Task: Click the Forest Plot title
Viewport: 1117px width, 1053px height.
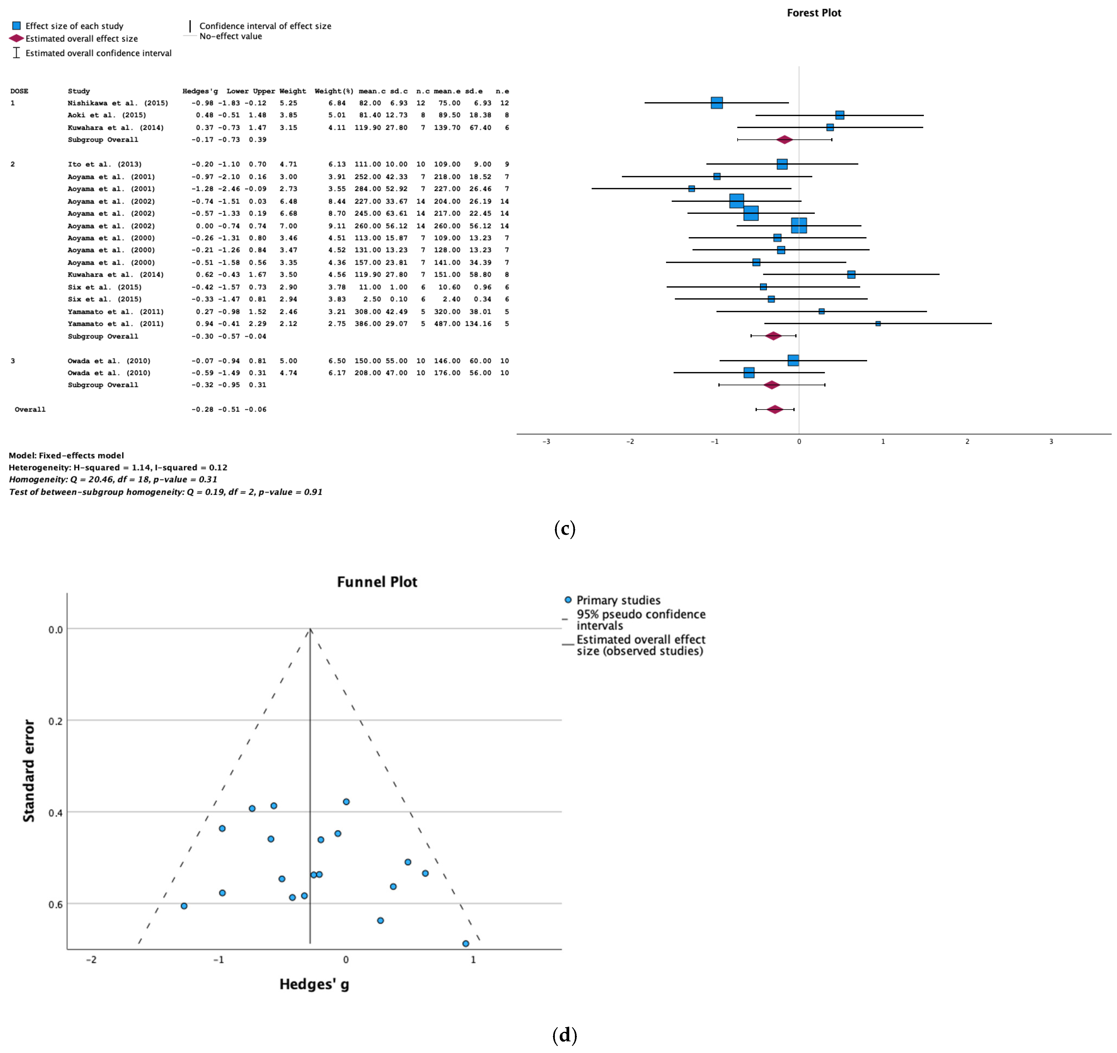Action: (814, 13)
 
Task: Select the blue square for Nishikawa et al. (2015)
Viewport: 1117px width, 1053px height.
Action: (716, 103)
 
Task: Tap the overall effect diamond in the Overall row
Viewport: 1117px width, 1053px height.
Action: (775, 410)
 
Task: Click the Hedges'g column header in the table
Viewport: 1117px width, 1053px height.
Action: (200, 91)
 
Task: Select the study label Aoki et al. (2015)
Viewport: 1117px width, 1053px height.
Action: (107, 115)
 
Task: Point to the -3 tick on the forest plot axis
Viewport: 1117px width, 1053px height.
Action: (546, 442)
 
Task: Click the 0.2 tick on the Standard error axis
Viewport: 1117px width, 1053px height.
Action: (56, 721)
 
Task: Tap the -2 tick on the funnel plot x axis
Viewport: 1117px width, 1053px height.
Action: (91, 960)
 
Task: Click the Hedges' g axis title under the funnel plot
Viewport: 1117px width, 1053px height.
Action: (314, 984)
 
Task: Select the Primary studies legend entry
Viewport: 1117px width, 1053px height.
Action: (618, 600)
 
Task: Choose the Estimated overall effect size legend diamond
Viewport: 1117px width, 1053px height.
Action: (16, 38)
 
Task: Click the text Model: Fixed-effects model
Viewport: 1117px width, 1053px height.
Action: (66, 456)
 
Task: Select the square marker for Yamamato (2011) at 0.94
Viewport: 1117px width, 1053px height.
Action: (878, 324)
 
